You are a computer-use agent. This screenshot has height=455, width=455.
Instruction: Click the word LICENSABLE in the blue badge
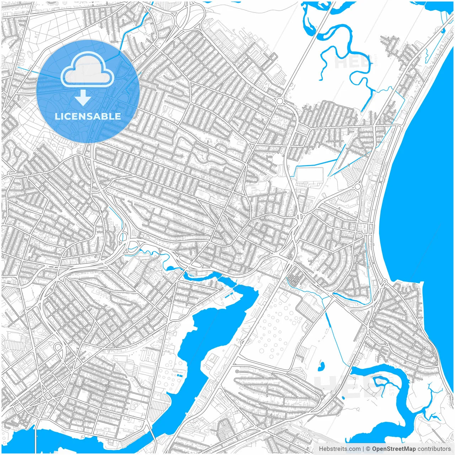click(88, 116)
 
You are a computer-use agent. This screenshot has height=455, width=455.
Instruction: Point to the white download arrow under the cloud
click(83, 97)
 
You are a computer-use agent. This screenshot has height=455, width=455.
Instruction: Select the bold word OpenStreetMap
click(394, 449)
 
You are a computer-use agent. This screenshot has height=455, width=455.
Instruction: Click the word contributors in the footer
click(434, 449)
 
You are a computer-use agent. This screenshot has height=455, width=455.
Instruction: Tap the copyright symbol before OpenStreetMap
click(368, 449)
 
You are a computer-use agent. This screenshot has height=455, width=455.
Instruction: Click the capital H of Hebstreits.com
click(321, 449)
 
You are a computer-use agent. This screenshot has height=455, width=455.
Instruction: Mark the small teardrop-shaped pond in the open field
click(321, 365)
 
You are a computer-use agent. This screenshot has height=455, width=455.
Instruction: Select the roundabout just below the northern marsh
click(280, 101)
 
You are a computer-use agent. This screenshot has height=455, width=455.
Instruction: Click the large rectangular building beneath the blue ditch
click(310, 175)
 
